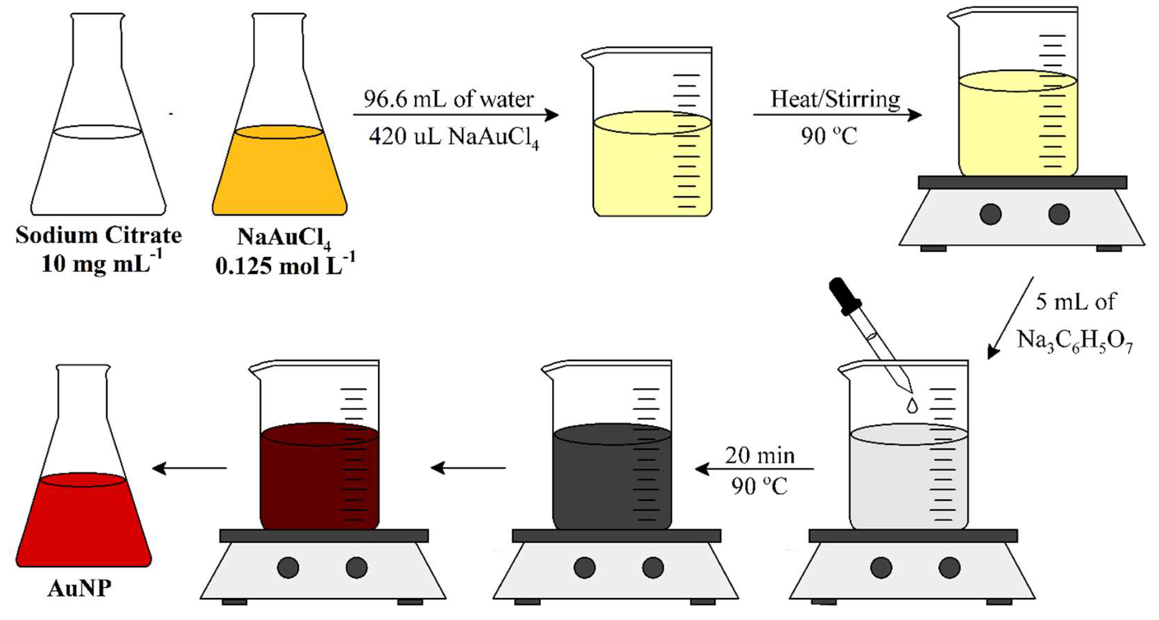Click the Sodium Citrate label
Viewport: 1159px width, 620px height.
99,235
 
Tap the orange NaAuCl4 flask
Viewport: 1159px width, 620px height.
280,171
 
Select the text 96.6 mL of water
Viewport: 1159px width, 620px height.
449,99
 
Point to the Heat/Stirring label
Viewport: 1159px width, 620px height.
835,99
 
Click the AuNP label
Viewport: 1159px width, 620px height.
79,588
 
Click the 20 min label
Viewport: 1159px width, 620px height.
760,456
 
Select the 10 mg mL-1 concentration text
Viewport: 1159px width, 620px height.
102,263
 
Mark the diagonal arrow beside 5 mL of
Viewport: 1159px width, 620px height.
1010,317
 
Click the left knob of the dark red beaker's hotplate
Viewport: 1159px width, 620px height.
288,567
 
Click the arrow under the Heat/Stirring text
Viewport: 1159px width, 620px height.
837,115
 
